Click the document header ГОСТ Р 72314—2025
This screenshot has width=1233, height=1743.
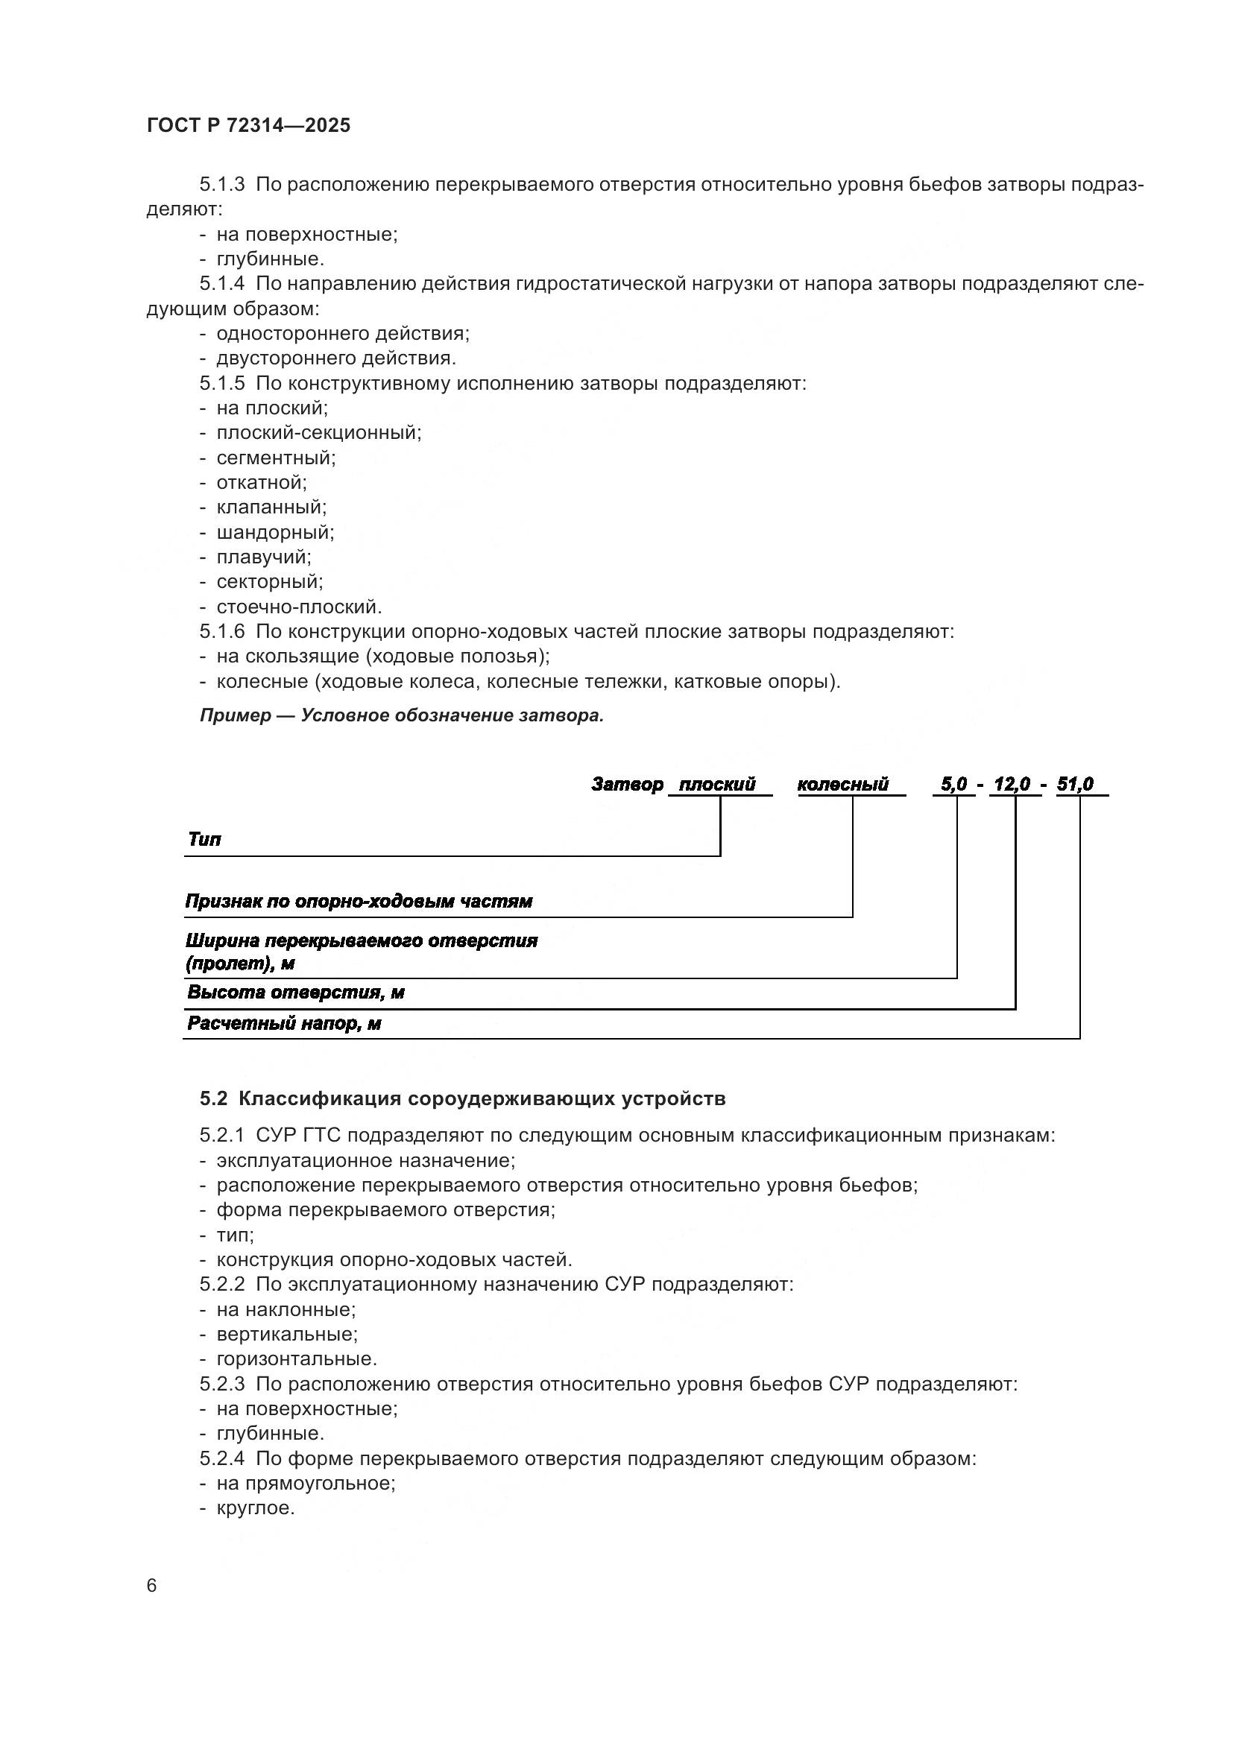pyautogui.click(x=248, y=126)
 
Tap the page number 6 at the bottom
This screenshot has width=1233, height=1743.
pyautogui.click(x=152, y=1585)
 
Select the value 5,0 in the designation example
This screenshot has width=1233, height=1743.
pyautogui.click(x=953, y=784)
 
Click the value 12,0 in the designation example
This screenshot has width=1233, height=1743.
pyautogui.click(x=1012, y=784)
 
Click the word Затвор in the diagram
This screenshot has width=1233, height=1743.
pyautogui.click(x=627, y=784)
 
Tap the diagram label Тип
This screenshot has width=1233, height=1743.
pyautogui.click(x=204, y=840)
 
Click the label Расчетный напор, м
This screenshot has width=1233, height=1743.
pyautogui.click(x=284, y=1024)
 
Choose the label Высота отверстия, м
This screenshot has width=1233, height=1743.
pyautogui.click(x=295, y=993)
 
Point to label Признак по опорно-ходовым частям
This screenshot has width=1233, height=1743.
pyautogui.click(x=359, y=902)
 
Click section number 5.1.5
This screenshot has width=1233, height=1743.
pyautogui.click(x=221, y=383)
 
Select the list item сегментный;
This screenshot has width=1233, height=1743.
pyautogui.click(x=276, y=458)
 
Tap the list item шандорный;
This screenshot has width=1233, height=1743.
pyautogui.click(x=275, y=532)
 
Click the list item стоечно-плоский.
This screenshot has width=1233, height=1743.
pyautogui.click(x=299, y=607)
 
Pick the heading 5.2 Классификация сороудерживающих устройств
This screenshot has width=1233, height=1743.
pyautogui.click(x=462, y=1098)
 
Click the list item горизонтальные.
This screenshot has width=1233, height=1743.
pyautogui.click(x=296, y=1359)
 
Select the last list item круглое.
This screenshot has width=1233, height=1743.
pyautogui.click(x=255, y=1508)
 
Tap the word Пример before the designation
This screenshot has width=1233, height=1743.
pyautogui.click(x=236, y=715)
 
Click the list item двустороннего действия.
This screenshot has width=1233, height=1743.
pyautogui.click(x=335, y=358)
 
